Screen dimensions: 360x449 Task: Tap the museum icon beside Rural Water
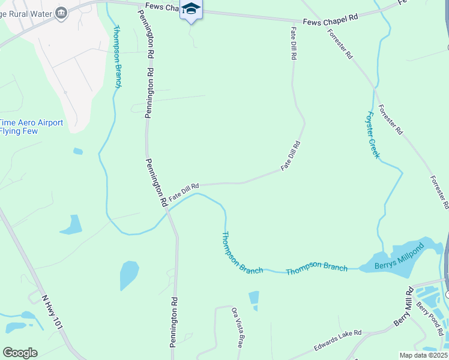(61, 13)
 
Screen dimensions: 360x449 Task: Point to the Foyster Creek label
(373, 135)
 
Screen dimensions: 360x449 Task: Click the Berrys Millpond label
(399, 254)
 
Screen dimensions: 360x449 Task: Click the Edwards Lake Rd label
(338, 340)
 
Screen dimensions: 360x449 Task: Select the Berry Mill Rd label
(403, 308)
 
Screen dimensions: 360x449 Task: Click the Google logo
(20, 352)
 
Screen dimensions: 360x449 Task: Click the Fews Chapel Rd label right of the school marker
(330, 19)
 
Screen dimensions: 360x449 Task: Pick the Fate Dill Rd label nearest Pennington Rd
(184, 193)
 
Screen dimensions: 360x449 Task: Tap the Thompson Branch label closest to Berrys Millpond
(316, 269)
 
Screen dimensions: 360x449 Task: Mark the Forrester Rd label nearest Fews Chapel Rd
(340, 44)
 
